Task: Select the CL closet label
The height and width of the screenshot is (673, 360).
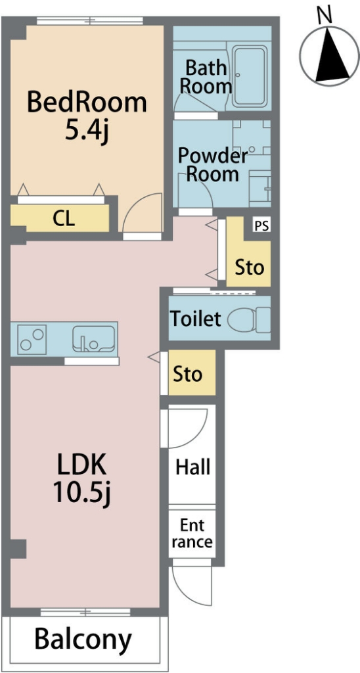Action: (x=64, y=219)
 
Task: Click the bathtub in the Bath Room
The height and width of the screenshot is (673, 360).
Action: (x=250, y=76)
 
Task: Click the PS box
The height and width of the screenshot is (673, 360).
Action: (x=261, y=226)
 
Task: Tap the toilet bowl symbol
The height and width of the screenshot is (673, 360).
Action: (x=248, y=320)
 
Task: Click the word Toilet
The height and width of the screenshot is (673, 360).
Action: (x=196, y=319)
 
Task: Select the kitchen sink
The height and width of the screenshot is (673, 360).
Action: (x=93, y=339)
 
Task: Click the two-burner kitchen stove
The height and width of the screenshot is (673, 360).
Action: (x=32, y=340)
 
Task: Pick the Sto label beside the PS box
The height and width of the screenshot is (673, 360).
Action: (x=249, y=268)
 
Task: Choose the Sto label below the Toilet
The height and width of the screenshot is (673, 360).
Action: (x=187, y=374)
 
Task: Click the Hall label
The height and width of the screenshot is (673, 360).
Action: (x=192, y=467)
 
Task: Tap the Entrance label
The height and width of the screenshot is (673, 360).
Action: (x=192, y=534)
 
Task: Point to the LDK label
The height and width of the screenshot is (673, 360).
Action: (x=81, y=465)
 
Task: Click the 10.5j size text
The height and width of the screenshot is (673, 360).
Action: (x=81, y=492)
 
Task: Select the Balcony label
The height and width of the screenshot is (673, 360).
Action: (x=83, y=639)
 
